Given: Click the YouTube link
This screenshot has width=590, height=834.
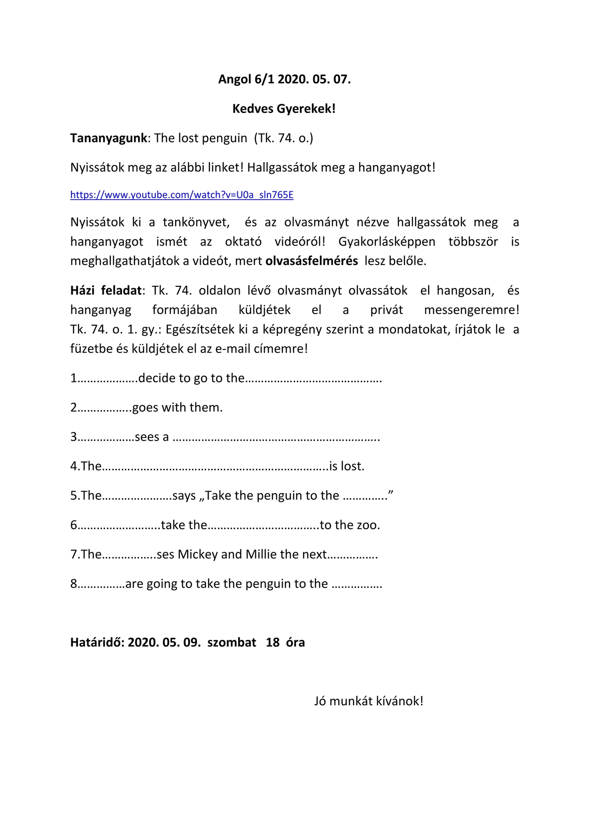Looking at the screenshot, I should click(x=182, y=195).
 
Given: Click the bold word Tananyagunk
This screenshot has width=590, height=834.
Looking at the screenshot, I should click(x=108, y=138).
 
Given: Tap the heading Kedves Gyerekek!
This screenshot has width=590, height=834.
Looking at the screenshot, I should click(x=284, y=109).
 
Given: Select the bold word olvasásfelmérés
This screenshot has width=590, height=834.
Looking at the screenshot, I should click(x=311, y=261).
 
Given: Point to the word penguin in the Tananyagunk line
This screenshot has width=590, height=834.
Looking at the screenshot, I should click(x=227, y=138).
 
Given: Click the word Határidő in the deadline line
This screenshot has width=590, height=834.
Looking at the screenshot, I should click(x=96, y=643).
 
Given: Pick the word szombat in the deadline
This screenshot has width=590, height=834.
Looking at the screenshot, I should click(x=232, y=643).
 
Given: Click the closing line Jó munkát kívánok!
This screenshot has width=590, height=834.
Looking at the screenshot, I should click(x=368, y=701).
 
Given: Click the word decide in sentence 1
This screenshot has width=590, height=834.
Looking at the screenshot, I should click(x=158, y=378).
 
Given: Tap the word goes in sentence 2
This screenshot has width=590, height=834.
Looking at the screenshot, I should click(x=146, y=408).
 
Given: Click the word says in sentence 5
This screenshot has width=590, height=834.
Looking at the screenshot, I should click(x=184, y=496).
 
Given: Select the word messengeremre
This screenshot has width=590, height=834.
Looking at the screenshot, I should click(x=471, y=310).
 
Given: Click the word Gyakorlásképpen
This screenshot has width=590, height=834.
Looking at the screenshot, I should click(x=387, y=242).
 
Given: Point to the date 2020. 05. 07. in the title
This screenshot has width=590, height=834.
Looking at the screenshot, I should click(x=314, y=79).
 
